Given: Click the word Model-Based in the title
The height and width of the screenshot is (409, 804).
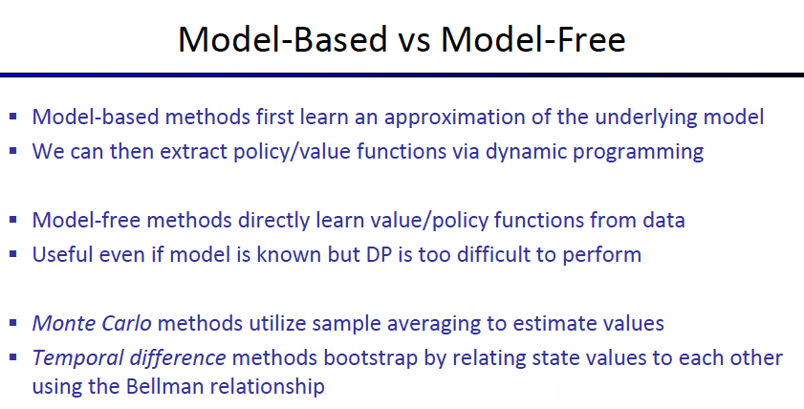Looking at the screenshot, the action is coord(283,39).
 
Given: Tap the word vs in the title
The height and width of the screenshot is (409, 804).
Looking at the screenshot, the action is coord(414,43).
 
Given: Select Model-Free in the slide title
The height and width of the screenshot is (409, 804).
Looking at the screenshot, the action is coord(533,39).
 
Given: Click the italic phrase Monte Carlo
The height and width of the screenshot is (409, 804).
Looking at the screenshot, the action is coord(92,323).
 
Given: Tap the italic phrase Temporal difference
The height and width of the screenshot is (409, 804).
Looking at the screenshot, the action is coord(129,357).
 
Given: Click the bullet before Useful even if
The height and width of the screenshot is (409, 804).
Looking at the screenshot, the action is coord(13,254).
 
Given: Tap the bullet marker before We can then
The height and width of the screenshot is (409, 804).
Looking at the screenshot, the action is coord(13,151).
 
